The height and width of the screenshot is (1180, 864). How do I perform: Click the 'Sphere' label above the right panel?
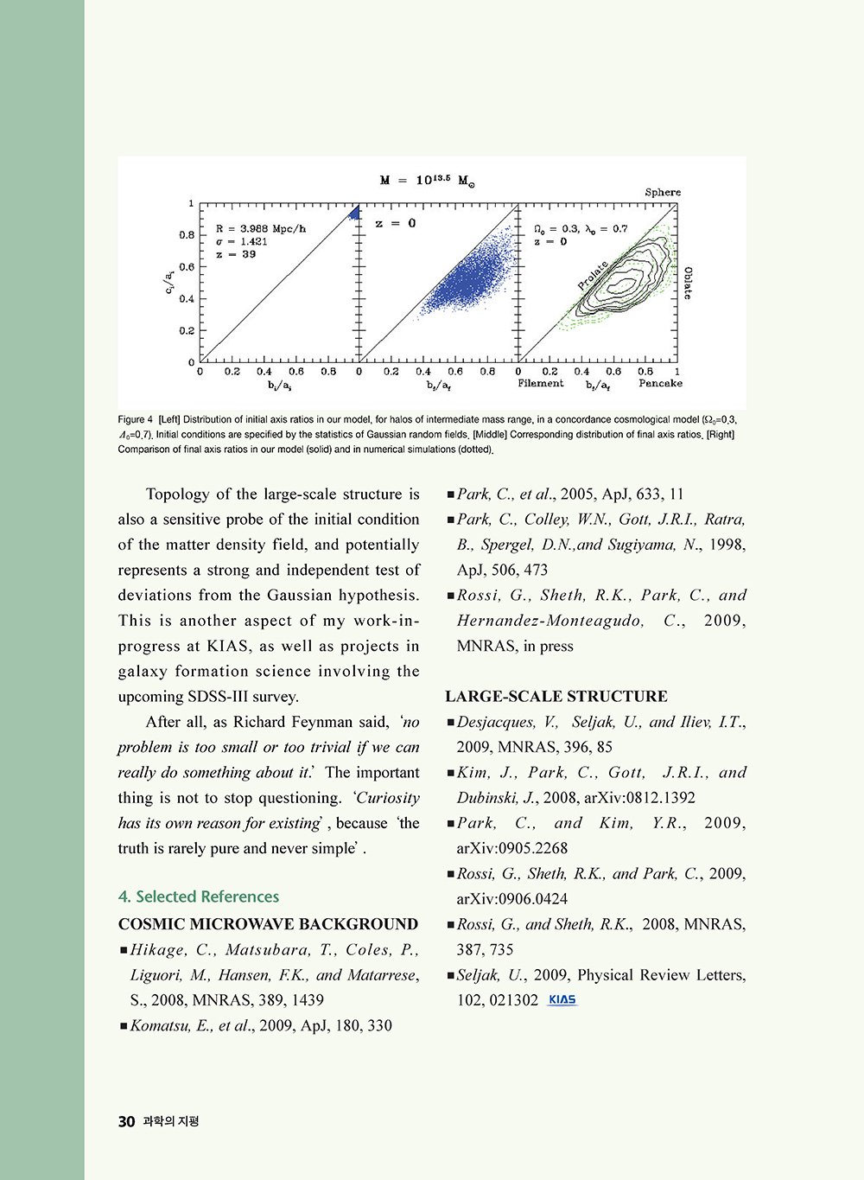tap(663, 192)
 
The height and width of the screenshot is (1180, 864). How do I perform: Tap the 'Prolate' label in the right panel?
tap(594, 275)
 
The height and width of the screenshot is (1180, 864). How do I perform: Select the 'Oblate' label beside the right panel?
tap(688, 283)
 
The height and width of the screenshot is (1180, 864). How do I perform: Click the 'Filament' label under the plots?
tap(541, 383)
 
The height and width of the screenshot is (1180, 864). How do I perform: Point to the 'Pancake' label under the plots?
tap(660, 383)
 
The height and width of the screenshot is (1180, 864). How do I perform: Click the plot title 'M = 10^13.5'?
tap(428, 181)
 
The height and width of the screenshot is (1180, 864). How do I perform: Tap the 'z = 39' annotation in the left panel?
tap(236, 254)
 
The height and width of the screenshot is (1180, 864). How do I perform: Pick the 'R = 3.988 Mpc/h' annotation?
tap(261, 229)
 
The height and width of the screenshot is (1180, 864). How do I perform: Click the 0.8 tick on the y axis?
tap(187, 235)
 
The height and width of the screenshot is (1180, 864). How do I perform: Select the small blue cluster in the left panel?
tap(353, 213)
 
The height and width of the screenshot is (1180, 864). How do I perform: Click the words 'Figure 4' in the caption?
tap(136, 420)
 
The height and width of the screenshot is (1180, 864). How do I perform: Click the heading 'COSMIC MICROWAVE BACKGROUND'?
tap(268, 924)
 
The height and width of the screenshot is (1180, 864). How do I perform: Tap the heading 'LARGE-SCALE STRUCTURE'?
tap(556, 697)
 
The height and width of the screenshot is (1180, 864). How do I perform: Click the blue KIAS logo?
tap(562, 1000)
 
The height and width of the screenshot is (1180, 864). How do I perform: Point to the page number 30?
tap(126, 1121)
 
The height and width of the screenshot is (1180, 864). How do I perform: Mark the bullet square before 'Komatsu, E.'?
tap(124, 1026)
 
